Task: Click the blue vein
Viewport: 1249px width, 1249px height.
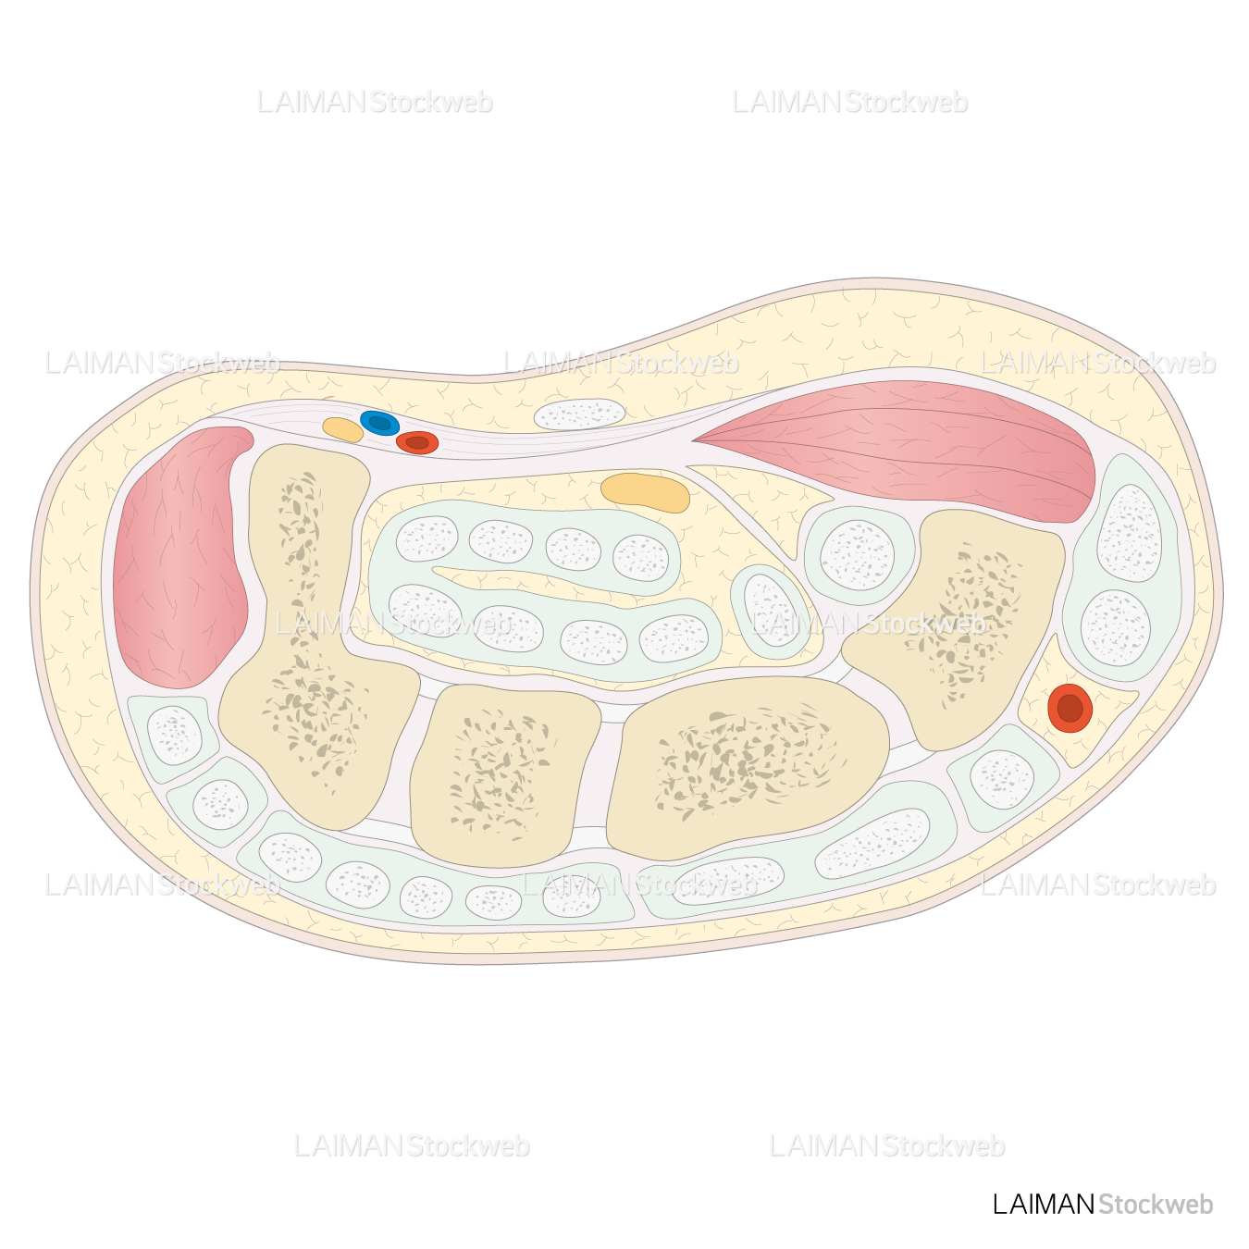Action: tap(379, 423)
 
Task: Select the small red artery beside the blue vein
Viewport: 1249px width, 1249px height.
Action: tap(417, 442)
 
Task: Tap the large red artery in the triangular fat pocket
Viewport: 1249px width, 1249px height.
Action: tap(1070, 709)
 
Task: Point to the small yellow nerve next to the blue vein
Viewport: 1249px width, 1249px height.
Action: tap(342, 429)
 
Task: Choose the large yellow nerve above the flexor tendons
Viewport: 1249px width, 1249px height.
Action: tap(646, 492)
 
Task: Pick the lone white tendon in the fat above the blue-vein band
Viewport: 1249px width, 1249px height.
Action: tap(580, 414)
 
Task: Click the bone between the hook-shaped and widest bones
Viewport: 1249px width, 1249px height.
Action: tap(504, 773)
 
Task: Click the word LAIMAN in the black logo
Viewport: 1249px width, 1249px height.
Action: tap(1043, 1204)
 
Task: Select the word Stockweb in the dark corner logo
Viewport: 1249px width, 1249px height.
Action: tap(1156, 1204)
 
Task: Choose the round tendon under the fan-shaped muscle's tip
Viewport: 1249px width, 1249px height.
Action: tap(858, 555)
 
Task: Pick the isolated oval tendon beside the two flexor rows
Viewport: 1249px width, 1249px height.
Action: tap(771, 610)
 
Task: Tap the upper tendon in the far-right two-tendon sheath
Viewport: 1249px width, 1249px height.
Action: tap(1129, 532)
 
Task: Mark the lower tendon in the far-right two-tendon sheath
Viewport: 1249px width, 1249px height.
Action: tap(1116, 627)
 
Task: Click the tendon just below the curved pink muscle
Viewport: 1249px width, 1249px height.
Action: tap(174, 735)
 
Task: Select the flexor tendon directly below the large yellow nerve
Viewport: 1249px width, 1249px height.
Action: tap(640, 557)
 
